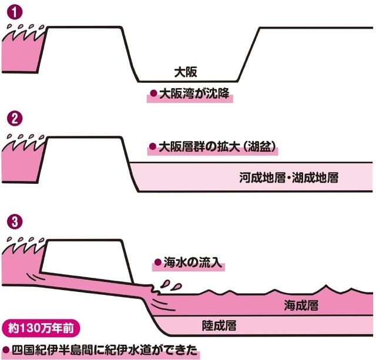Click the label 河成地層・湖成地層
point(288,176)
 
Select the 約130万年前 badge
point(37,325)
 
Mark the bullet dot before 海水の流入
point(157,263)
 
